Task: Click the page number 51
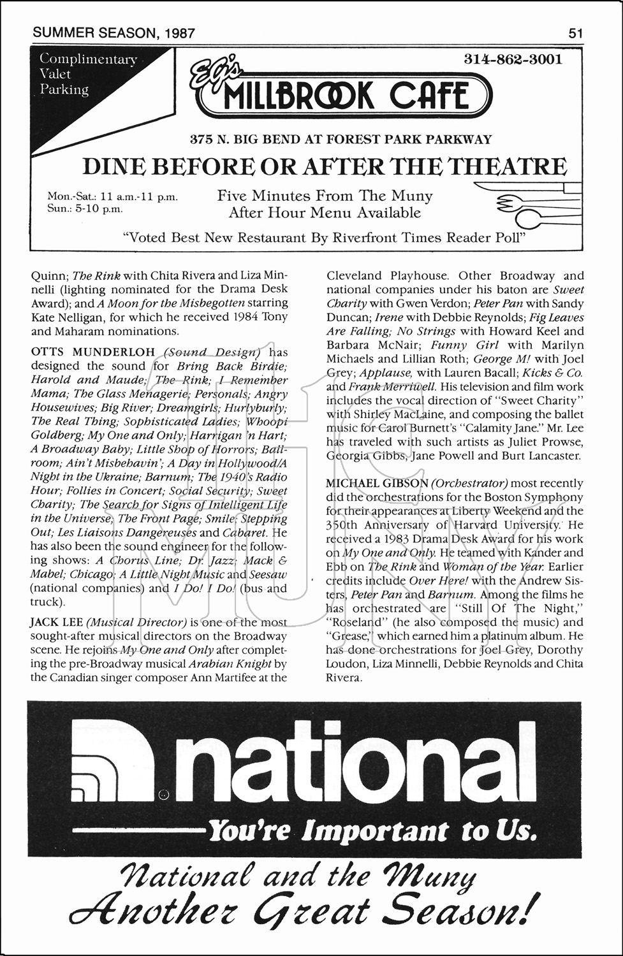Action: point(575,33)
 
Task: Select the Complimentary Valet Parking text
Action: point(88,75)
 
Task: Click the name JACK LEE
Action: point(55,622)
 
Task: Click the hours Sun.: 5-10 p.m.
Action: point(85,209)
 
